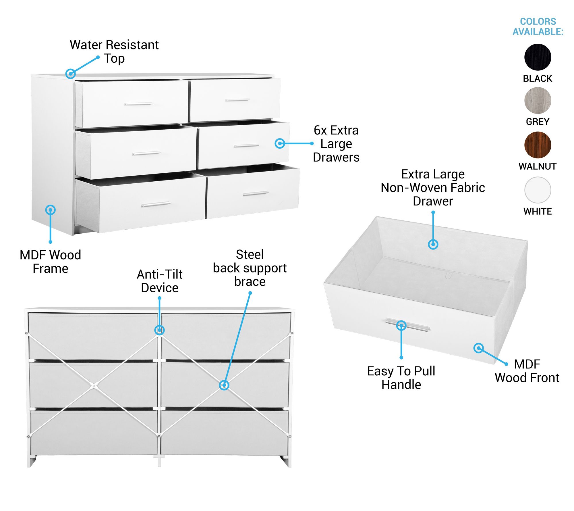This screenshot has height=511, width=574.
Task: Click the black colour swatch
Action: click(x=538, y=57)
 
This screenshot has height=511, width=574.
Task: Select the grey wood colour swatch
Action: click(x=538, y=101)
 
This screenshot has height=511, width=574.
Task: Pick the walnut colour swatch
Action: click(x=538, y=145)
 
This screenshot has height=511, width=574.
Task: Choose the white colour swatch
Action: click(x=538, y=190)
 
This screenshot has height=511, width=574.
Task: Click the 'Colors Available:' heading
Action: click(x=538, y=26)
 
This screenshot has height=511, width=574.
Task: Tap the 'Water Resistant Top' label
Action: click(x=114, y=51)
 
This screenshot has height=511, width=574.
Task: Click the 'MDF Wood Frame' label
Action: click(x=50, y=262)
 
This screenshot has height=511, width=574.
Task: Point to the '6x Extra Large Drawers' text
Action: click(x=336, y=144)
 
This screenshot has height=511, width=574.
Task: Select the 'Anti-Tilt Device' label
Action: click(x=160, y=281)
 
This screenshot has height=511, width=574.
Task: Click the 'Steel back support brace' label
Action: click(x=250, y=268)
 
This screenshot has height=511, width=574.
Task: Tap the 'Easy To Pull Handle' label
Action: click(x=401, y=378)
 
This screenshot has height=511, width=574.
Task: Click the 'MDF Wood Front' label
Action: click(x=527, y=371)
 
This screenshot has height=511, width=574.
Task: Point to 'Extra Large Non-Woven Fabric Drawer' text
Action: click(x=433, y=187)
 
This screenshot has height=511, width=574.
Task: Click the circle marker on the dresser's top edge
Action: click(x=71, y=74)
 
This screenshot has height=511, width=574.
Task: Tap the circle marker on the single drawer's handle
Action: click(x=401, y=325)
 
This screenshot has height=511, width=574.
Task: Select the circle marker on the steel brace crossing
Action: click(x=224, y=385)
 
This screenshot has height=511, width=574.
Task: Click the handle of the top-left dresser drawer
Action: click(x=138, y=104)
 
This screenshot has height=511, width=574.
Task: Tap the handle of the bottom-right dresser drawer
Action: click(x=256, y=193)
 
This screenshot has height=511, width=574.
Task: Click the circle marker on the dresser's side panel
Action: click(x=51, y=210)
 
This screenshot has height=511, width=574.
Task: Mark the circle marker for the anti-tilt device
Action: click(x=159, y=330)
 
